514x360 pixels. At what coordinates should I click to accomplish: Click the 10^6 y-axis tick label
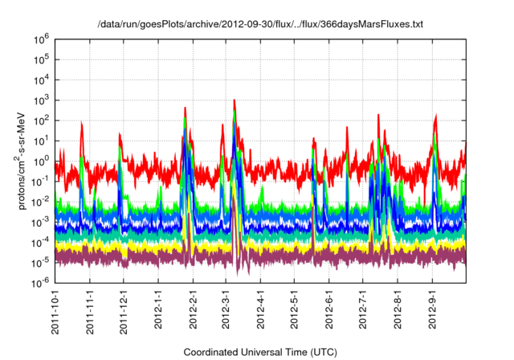coord(39,39)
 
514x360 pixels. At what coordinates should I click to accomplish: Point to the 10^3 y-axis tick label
coord(39,100)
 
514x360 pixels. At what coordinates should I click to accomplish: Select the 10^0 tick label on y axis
coord(39,161)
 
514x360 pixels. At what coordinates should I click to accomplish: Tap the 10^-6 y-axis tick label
coord(39,283)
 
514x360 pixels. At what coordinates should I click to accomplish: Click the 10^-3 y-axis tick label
coord(39,222)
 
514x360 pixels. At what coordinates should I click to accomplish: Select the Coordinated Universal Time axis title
coord(260,352)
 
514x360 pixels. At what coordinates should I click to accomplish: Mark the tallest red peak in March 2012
coord(234,100)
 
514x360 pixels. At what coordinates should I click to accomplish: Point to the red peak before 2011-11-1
coord(82,123)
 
